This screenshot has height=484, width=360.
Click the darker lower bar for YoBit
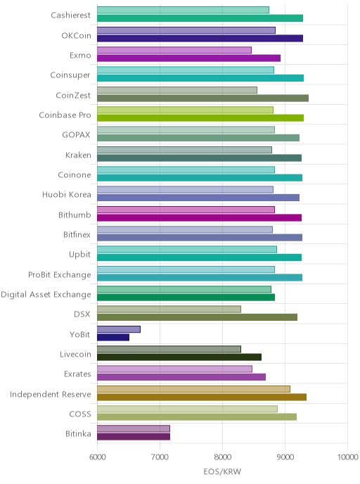click(x=113, y=338)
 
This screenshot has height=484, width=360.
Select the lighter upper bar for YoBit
click(x=119, y=329)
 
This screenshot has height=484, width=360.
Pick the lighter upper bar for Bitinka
click(x=134, y=428)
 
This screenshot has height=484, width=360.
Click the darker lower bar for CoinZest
click(x=202, y=98)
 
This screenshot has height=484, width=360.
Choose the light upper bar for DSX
click(x=169, y=310)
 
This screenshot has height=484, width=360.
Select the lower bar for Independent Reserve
click(x=202, y=397)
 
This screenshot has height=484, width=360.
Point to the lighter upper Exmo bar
click(x=174, y=51)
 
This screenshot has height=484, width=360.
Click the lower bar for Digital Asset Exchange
click(x=186, y=298)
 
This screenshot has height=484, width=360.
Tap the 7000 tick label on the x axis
click(x=160, y=457)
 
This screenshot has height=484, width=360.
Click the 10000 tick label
click(x=347, y=457)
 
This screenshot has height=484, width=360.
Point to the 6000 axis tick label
click(x=98, y=457)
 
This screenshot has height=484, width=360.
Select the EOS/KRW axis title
click(x=222, y=471)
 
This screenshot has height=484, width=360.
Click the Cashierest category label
click(x=70, y=15)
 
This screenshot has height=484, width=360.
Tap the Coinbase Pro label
click(x=65, y=115)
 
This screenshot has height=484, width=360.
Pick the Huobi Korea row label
click(x=67, y=195)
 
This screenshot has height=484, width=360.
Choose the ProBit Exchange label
click(x=60, y=275)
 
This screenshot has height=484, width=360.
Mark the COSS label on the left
click(x=80, y=414)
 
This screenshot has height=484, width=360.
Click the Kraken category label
click(x=78, y=155)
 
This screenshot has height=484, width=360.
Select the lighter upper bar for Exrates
click(x=174, y=369)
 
